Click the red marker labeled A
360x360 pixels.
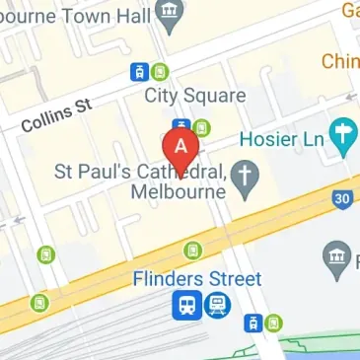[180, 149]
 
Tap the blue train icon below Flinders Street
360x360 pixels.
[185, 306]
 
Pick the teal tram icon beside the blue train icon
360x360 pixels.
[217, 306]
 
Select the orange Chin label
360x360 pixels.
[338, 61]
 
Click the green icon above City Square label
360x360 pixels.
[159, 71]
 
